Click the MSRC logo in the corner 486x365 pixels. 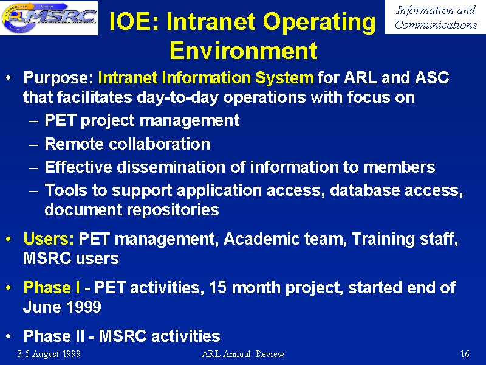tap(49, 18)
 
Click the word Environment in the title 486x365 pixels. tap(244, 50)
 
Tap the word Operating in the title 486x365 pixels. tap(320, 23)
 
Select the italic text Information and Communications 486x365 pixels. tap(436, 18)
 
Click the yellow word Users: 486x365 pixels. tap(49, 239)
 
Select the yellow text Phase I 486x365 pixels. tap(52, 287)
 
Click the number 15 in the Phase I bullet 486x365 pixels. tap(218, 288)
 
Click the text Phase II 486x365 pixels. tap(54, 336)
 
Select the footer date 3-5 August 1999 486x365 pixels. tap(49, 354)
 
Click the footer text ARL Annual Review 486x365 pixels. tap(243, 354)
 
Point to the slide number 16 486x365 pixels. tap(465, 354)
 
